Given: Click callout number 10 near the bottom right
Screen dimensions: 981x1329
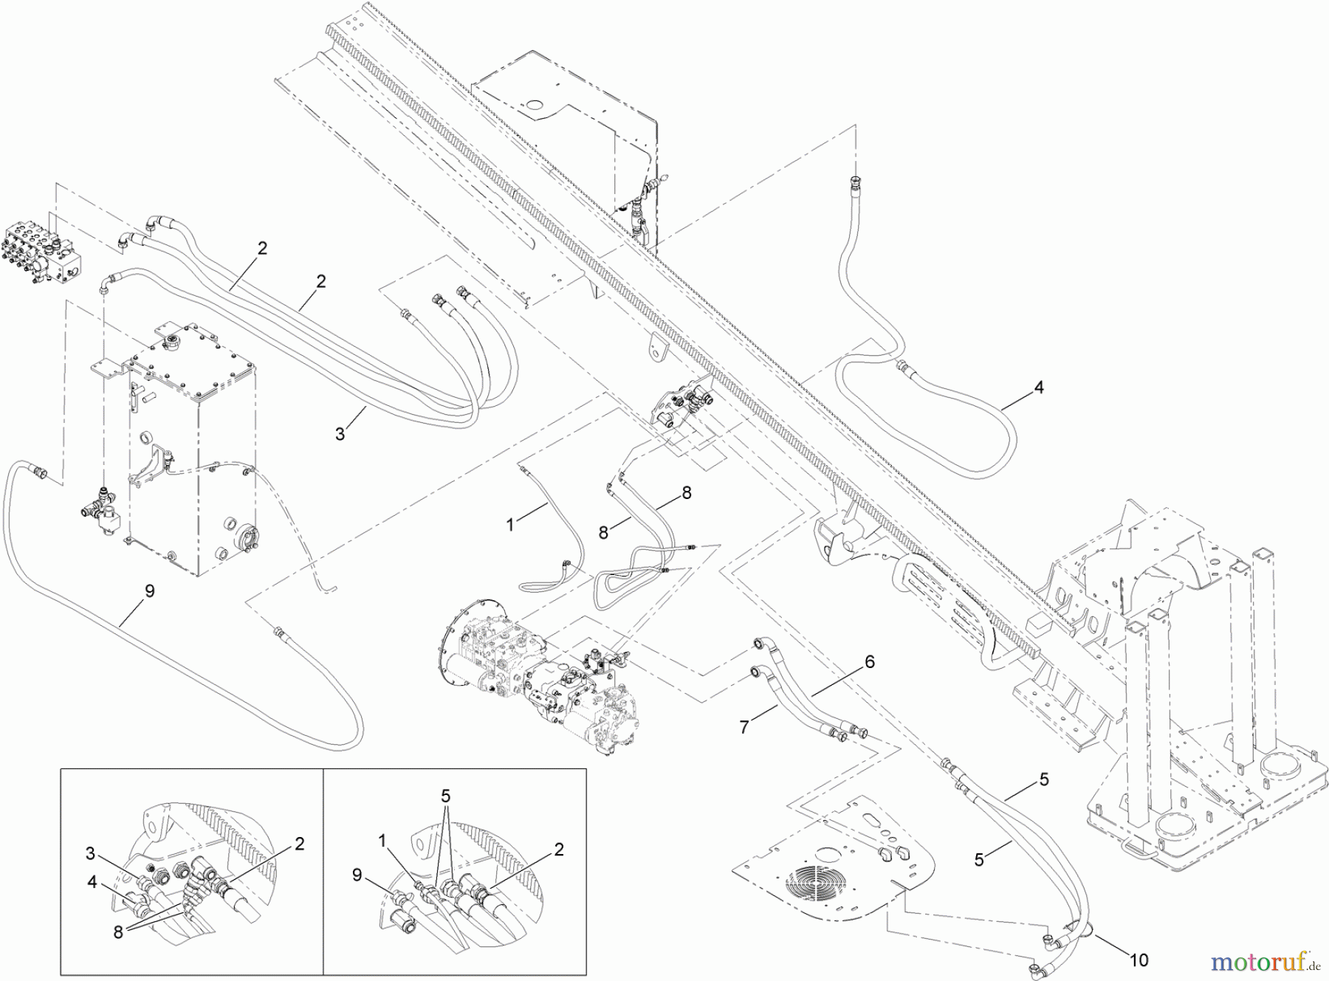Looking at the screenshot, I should [1139, 960].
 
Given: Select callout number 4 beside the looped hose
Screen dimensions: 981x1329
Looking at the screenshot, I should [1039, 387].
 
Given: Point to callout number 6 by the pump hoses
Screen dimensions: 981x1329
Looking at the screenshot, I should [869, 662].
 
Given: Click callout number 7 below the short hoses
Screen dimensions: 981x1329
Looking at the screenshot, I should [744, 727].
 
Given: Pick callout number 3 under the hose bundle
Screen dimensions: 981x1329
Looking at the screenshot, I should [340, 434].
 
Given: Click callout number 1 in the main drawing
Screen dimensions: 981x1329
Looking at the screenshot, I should [509, 524].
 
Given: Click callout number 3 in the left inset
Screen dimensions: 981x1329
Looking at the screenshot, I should [89, 854].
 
